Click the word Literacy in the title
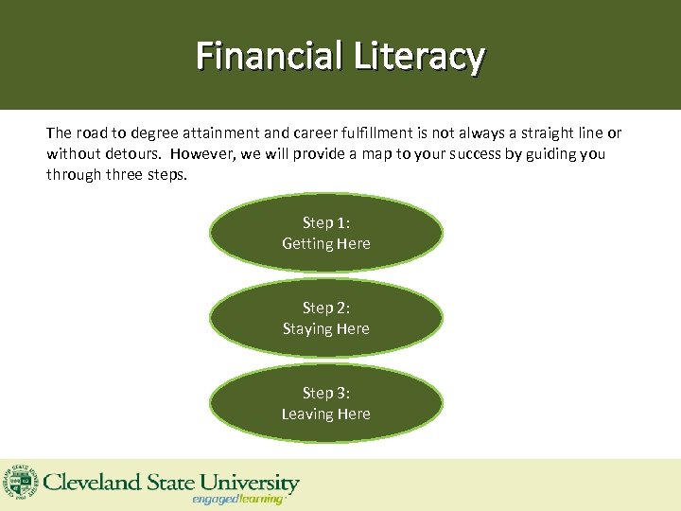coord(419,56)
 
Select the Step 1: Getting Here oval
coord(325,233)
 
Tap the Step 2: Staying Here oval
coord(325,318)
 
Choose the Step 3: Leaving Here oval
coord(325,403)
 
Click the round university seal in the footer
coord(18,485)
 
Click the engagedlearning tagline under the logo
coord(238,499)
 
